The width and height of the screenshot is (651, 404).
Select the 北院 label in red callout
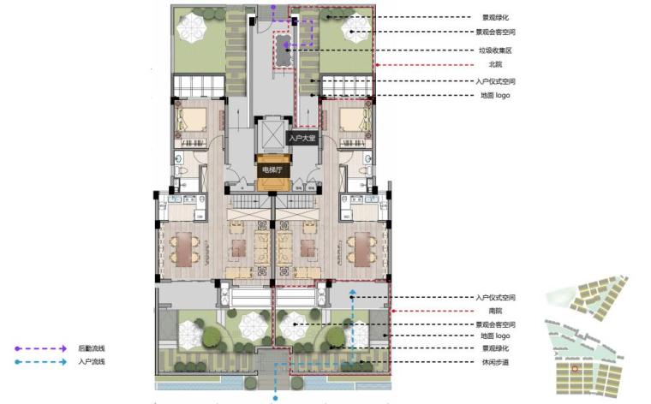[x=495, y=64]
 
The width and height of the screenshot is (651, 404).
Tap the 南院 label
[x=495, y=311]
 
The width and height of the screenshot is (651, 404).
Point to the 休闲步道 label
[x=495, y=362]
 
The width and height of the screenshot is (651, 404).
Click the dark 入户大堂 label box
[x=302, y=138]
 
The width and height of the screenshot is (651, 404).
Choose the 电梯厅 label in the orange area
[x=272, y=169]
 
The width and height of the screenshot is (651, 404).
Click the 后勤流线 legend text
[x=92, y=348]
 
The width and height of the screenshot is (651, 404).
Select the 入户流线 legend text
[x=92, y=362]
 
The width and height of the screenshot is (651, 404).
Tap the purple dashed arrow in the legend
[x=41, y=348]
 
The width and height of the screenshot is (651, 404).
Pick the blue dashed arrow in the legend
[x=41, y=362]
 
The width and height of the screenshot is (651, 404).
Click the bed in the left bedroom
[x=192, y=120]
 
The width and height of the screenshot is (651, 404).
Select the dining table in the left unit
[x=184, y=249]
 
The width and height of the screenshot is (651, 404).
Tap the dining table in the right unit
[x=362, y=249]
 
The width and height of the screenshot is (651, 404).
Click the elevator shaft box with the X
[x=272, y=135]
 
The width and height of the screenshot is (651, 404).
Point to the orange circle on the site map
[x=575, y=368]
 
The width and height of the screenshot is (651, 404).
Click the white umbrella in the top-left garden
[x=192, y=27]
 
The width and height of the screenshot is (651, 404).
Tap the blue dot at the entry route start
[x=275, y=399]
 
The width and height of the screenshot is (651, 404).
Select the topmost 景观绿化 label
[x=495, y=17]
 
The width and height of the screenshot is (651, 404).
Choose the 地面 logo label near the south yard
[x=495, y=336]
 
